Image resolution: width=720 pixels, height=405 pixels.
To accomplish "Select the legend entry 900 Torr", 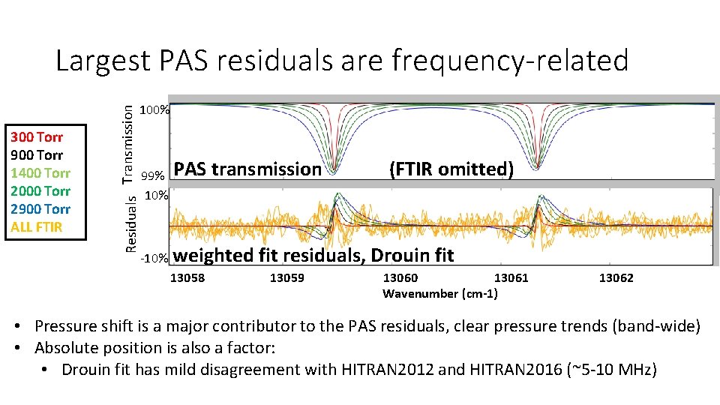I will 37,155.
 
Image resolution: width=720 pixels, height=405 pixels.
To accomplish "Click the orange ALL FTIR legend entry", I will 37,227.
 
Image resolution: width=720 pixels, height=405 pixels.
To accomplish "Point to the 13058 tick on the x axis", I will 188,278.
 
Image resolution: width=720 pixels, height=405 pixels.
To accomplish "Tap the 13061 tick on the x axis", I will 511,278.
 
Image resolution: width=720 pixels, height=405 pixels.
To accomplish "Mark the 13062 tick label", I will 616,278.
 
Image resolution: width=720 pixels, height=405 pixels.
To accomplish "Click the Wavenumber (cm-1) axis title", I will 439,293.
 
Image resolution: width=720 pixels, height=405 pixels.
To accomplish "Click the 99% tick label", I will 157,175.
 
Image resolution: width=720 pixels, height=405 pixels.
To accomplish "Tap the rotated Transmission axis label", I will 130,143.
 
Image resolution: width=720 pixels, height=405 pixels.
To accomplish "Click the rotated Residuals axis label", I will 130,223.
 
